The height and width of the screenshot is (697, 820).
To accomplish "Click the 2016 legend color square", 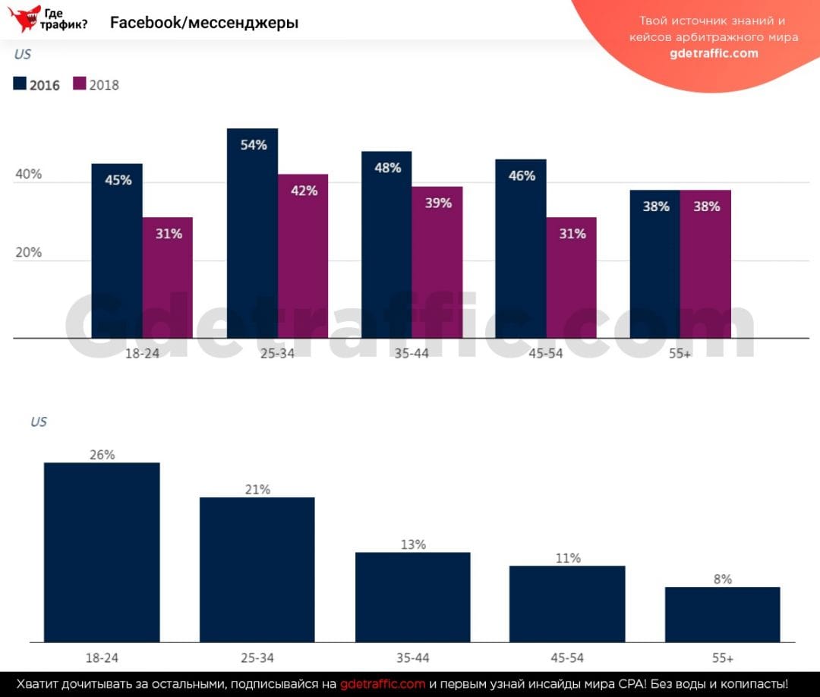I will point(20,84).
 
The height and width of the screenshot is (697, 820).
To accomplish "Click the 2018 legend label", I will point(104,85).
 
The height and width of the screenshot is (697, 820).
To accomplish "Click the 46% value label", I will point(522,175).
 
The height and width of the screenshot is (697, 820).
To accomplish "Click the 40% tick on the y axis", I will point(28,175).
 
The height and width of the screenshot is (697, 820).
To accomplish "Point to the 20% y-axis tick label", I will point(28,253).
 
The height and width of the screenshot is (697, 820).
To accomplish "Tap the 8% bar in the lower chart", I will point(722,614).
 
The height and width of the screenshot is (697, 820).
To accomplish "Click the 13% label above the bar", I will point(413,544).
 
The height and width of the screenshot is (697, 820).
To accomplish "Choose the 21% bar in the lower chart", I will point(257,569).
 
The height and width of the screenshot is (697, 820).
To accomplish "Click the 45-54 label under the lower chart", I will point(567,658).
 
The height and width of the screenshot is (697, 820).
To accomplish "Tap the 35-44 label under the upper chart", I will point(412,354).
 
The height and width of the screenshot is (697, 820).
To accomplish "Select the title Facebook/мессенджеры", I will point(204,23).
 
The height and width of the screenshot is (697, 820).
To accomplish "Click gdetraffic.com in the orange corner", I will point(714,53).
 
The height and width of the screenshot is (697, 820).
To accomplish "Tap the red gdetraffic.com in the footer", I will point(383,683).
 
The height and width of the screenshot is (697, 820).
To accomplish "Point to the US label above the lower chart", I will point(39,421).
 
